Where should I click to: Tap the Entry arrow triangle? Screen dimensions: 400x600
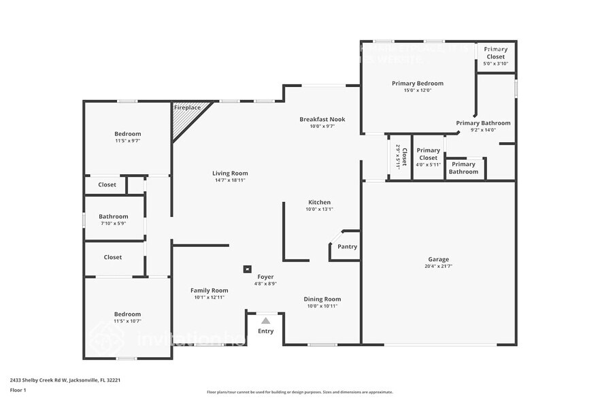tap(266, 320)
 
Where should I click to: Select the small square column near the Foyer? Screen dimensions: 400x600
tap(247, 269)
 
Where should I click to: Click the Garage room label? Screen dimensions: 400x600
tap(438, 259)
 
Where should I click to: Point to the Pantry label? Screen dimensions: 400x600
tap(347, 247)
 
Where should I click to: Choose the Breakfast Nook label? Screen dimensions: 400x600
tap(322, 119)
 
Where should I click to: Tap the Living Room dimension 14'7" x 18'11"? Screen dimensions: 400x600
tap(230, 180)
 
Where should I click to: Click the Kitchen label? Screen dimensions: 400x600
tap(320, 202)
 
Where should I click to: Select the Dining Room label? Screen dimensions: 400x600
tap(322, 299)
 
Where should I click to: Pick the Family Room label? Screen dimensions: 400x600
tap(210, 290)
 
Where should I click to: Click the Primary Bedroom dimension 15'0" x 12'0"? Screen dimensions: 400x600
tap(418, 90)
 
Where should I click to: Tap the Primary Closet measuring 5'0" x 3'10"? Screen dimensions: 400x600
tap(495, 56)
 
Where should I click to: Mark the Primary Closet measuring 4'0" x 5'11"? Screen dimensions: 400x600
tap(428, 157)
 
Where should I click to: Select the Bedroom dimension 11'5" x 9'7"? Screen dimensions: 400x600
tap(128, 141)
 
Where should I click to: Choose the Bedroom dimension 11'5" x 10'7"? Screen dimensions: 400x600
tap(128, 321)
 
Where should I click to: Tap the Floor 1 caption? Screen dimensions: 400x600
tap(18, 390)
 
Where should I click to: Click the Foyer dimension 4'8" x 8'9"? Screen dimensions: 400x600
tap(265, 284)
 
